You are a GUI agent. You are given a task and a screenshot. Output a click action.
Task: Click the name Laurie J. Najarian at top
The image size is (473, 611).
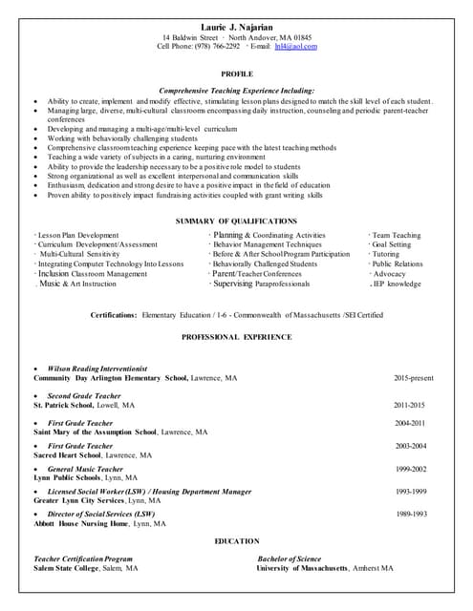[236, 26]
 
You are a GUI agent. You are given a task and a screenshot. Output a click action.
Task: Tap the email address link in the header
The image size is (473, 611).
[295, 46]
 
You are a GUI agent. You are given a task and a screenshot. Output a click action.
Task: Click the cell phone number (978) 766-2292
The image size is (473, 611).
[218, 46]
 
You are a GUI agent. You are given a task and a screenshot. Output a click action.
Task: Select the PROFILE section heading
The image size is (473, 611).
[236, 74]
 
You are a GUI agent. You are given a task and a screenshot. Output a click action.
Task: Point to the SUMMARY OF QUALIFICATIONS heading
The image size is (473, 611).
[236, 221]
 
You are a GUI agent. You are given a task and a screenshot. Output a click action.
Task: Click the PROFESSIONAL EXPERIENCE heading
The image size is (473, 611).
[236, 337]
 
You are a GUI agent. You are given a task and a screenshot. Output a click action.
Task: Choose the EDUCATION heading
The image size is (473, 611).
[236, 541]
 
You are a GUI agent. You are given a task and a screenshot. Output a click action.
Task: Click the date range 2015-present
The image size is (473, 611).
[414, 378]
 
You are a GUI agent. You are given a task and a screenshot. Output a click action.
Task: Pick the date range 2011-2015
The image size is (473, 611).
[410, 405]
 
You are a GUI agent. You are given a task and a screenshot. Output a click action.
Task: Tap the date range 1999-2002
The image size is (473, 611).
[410, 469]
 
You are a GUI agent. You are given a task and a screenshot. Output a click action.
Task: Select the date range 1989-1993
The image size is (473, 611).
[410, 514]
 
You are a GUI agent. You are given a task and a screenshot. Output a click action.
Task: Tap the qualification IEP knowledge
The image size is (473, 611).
[396, 284]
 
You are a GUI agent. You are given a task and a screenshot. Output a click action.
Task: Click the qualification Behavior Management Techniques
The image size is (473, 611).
[269, 244]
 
